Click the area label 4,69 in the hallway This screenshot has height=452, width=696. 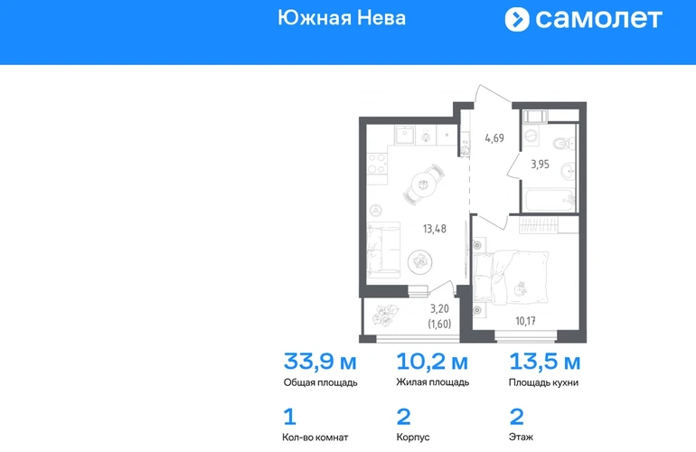494,138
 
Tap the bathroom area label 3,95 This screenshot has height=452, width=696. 541,165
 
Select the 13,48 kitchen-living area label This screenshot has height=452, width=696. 435,229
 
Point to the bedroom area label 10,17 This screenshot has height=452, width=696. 525,321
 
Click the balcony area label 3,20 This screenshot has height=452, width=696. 439,308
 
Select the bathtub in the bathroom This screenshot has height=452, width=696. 549,201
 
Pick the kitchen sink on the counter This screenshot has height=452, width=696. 405,135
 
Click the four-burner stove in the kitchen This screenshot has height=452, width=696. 377,164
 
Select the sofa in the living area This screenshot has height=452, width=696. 384,250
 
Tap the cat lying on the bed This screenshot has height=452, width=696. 520,288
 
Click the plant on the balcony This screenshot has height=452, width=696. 385,314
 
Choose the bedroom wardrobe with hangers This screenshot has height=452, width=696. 549,225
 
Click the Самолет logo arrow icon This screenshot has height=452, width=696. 517,20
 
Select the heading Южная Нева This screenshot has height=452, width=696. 342,18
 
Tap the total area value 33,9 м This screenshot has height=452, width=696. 320,362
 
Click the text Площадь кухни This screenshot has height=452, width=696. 543,382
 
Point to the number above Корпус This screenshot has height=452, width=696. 403,417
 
